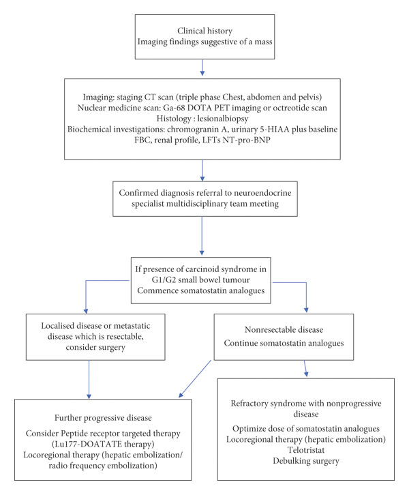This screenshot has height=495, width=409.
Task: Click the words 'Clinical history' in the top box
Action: point(204,31)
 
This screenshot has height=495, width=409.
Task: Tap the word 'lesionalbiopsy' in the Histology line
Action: point(223,119)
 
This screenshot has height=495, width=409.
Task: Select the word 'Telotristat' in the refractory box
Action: point(306,450)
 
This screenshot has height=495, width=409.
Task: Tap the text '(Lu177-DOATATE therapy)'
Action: point(103,444)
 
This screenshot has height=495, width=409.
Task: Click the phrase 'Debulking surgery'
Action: point(306,461)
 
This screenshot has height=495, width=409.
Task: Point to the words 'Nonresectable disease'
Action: point(284,330)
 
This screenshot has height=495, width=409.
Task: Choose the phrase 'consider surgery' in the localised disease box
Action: point(95,347)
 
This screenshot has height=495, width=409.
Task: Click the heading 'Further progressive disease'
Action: point(103,418)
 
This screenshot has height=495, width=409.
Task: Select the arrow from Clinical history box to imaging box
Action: point(202,67)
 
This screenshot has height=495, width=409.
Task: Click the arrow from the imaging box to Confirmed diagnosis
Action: point(202,170)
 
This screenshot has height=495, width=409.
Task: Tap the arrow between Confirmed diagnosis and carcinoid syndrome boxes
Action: point(202,236)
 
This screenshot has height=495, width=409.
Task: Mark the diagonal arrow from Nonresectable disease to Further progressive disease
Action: point(195,379)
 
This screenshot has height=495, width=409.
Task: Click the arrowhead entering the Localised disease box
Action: point(86,312)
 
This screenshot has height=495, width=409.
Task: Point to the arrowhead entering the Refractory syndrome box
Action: point(306,374)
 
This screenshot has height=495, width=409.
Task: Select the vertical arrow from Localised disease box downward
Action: point(89,380)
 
